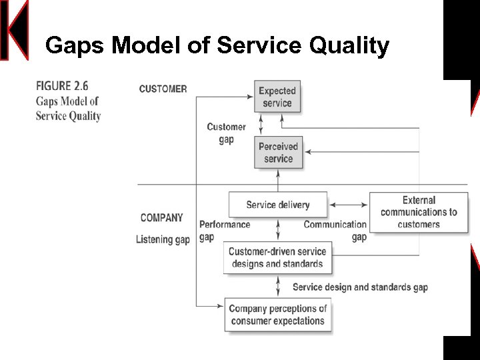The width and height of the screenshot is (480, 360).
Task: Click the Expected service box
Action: pos(277,97)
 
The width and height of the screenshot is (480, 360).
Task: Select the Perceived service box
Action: pos(278,153)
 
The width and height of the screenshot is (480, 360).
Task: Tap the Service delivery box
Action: pos(278,205)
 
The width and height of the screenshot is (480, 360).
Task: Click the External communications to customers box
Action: pos(419,212)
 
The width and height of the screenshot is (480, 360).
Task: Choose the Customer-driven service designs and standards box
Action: pos(277,257)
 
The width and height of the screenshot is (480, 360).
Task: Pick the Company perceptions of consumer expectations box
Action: pos(277,315)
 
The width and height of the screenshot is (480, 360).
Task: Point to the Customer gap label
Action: pos(226,133)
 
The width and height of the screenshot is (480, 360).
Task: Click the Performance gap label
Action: pos(225,231)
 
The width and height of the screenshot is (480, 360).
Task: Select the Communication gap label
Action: pos(335,231)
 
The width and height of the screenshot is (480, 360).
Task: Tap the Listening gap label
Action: pos(163,239)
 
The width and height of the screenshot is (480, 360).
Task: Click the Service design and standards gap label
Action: pos(360,287)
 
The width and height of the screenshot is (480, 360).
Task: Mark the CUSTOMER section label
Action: pos(163,89)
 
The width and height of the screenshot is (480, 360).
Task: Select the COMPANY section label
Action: pos(161,218)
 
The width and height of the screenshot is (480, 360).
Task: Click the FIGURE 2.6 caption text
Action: pos(62,86)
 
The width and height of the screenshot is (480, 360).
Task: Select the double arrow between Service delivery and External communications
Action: pos(349,205)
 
